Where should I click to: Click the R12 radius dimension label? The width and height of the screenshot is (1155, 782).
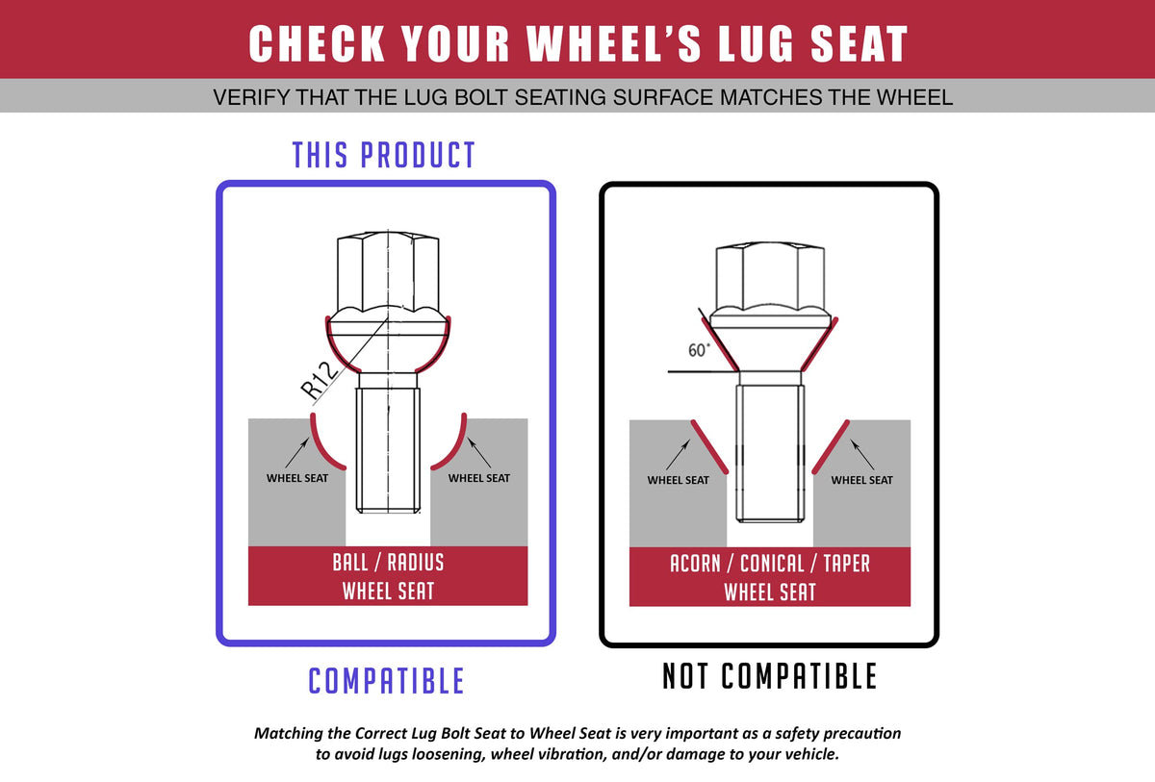(x=320, y=381)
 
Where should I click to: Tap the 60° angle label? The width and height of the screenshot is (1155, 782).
(x=699, y=350)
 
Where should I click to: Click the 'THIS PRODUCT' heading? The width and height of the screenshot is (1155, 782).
(x=383, y=155)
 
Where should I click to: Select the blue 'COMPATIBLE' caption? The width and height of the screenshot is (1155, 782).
(x=386, y=680)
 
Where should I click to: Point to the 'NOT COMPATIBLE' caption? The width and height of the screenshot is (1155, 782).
(x=769, y=676)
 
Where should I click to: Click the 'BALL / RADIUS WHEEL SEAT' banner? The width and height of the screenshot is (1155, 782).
(x=388, y=576)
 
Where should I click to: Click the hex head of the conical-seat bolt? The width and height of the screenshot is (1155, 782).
(x=770, y=277)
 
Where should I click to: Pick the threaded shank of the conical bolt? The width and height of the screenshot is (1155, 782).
(x=770, y=453)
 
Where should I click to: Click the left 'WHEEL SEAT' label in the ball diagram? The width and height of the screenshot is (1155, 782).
(x=297, y=478)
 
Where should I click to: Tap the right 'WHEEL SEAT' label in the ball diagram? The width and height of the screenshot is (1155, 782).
(x=479, y=478)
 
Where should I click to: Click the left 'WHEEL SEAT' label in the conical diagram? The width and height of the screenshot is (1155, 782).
(x=678, y=480)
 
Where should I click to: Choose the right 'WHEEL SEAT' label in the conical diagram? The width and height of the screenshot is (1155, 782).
(x=861, y=480)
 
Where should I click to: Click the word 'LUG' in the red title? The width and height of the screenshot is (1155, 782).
(x=756, y=43)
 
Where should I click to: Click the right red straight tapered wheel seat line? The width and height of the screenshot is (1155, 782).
(x=831, y=446)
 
